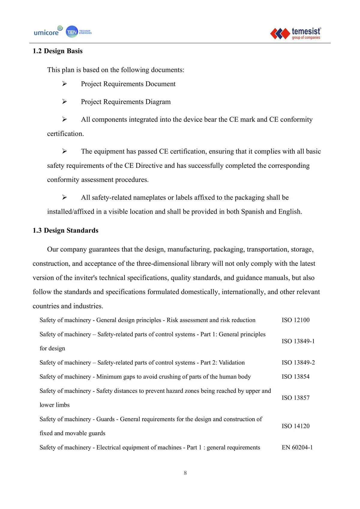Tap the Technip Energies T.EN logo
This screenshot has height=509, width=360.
coord(79,32)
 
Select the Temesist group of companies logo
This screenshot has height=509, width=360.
coord(295,33)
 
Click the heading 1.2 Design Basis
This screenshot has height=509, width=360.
coord(58,51)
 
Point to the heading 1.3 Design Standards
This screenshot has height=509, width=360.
coord(65,230)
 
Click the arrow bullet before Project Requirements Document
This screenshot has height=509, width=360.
coord(64,84)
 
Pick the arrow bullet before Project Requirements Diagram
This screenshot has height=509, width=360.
coord(64,102)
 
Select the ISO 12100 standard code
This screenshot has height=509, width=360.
coord(295,320)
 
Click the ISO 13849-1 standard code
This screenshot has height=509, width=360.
coord(298,341)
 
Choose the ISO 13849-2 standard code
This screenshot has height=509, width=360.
coord(298,363)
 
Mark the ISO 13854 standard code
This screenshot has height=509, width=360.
coord(295,377)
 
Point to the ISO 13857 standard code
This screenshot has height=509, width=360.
coord(295,398)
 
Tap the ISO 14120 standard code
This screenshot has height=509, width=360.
coord(295,426)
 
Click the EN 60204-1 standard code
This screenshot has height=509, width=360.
coord(297,448)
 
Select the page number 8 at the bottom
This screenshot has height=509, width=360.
coord(185,473)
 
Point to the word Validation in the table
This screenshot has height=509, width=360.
coord(232,363)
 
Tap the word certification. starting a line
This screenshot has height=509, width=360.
coord(65,134)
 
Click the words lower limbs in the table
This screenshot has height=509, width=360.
coord(55,405)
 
